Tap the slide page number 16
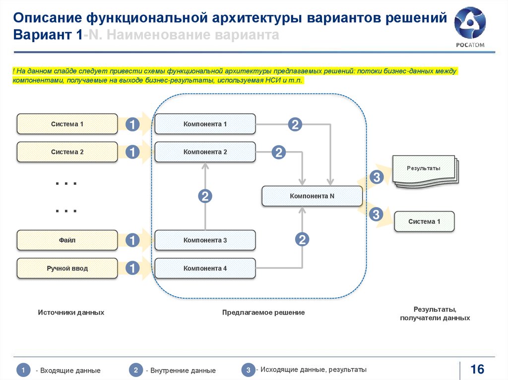point(477,369)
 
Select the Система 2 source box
point(67,152)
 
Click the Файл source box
point(67,240)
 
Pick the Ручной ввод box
point(67,269)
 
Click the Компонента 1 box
point(205,124)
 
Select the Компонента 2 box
point(205,152)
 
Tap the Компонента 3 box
point(205,240)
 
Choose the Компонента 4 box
point(205,269)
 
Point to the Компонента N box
point(312,196)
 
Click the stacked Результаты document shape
point(424,170)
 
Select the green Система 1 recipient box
point(424,221)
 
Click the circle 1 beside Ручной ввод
point(132,269)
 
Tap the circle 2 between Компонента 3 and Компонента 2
point(205,196)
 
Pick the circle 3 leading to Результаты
point(376,177)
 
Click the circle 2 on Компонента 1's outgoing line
point(295,124)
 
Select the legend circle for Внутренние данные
point(136,370)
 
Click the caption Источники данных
point(71,313)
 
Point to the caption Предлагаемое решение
point(263,313)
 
